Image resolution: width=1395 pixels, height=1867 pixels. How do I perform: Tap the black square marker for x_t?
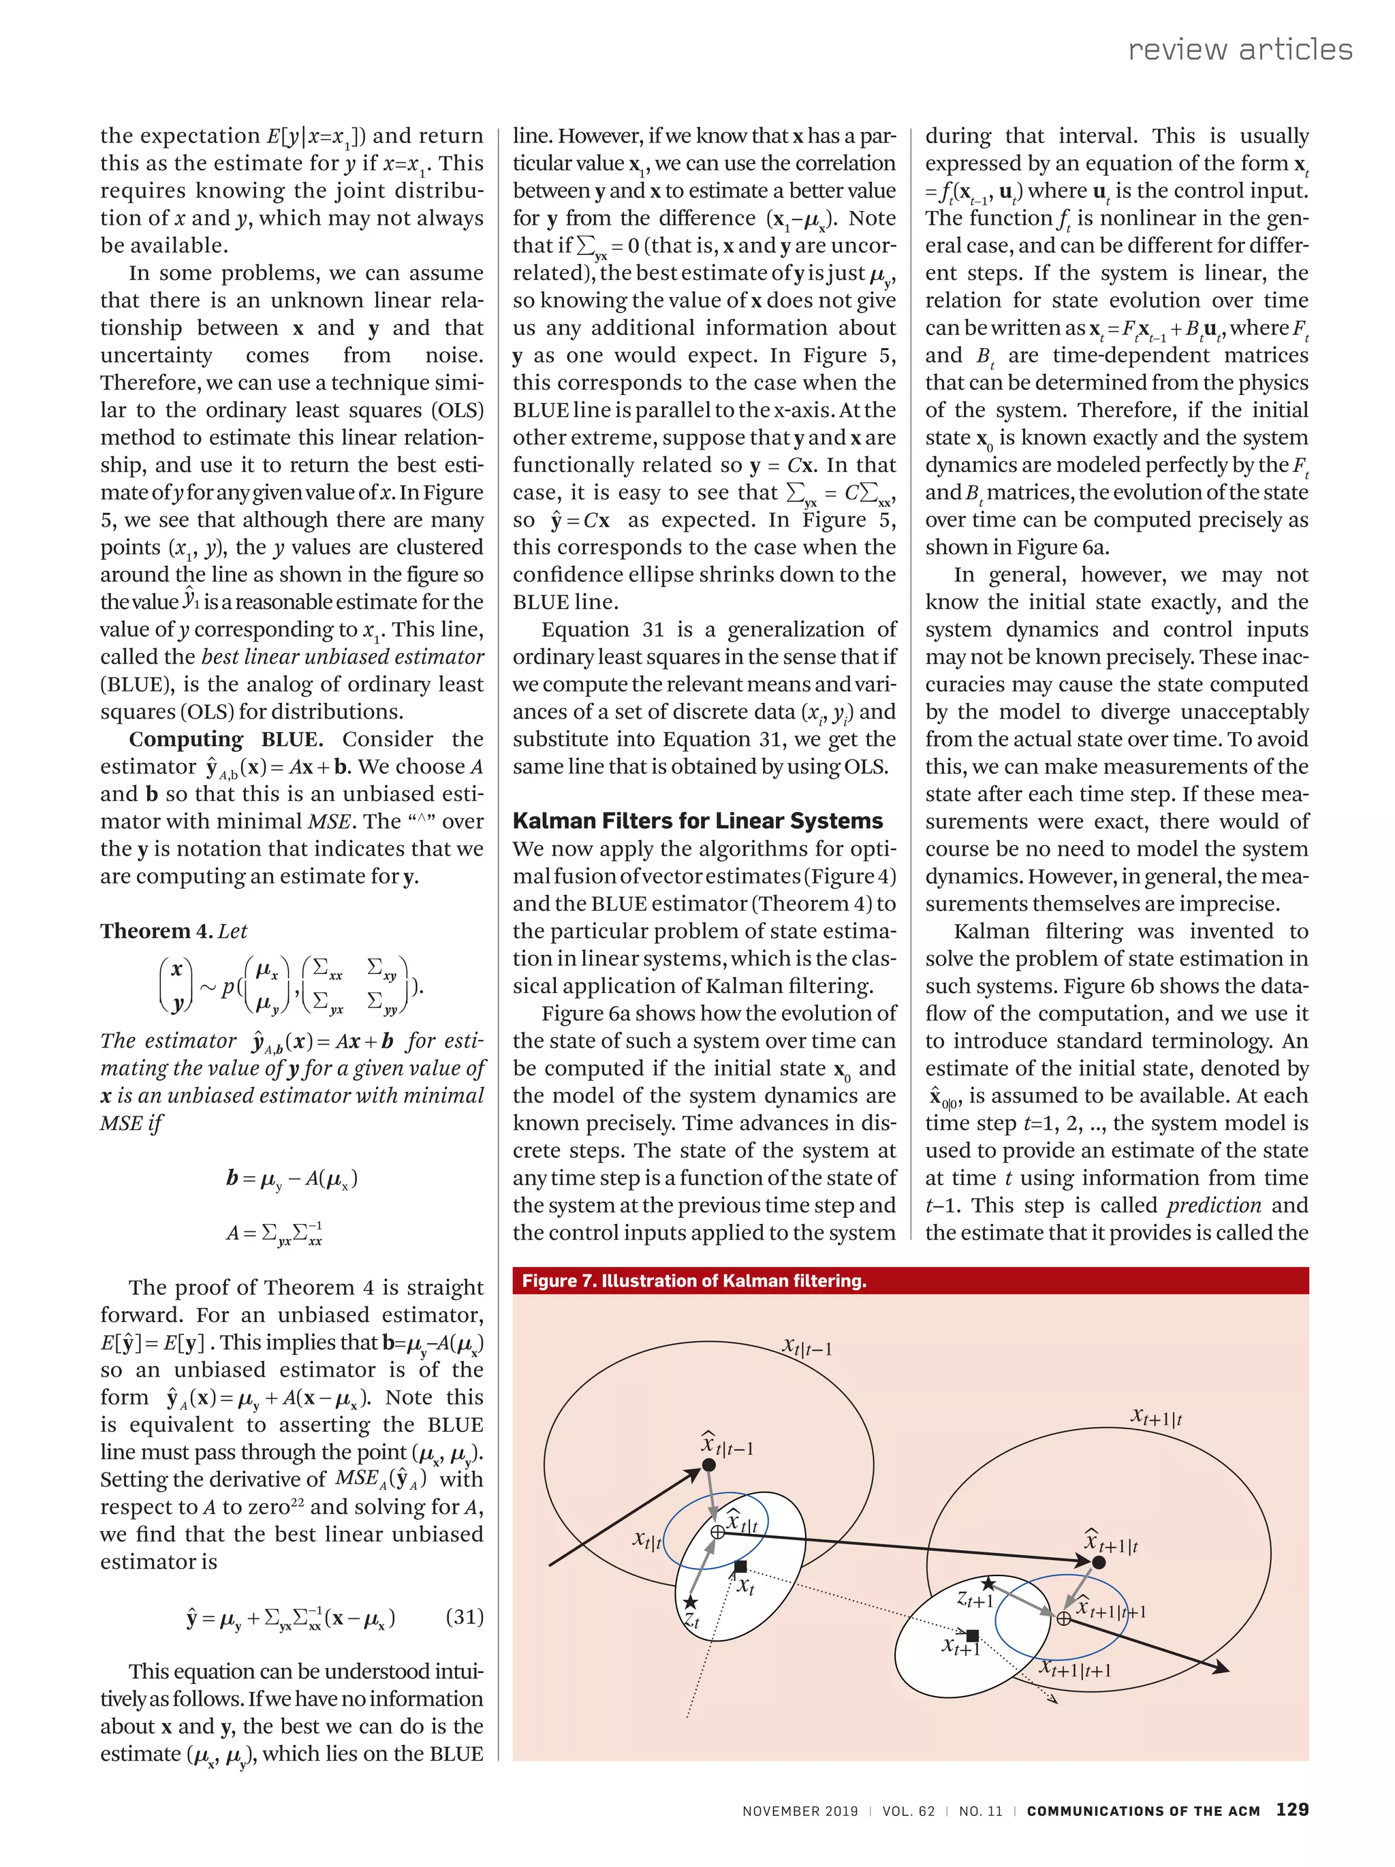point(740,1567)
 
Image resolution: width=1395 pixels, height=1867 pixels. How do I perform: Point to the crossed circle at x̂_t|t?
point(717,1531)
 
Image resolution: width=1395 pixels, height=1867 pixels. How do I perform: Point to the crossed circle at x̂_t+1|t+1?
point(1063,1618)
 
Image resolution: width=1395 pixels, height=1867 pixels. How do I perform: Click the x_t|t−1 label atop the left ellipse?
point(806,1347)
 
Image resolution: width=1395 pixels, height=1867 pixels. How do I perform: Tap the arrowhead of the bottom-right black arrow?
point(1221,1668)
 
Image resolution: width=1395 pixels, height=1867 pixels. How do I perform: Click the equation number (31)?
point(464,1616)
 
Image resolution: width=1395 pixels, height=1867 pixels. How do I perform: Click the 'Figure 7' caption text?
point(693,1281)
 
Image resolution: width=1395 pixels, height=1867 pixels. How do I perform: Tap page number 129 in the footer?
point(1291,1808)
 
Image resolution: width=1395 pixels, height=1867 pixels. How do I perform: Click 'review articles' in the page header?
point(1240,49)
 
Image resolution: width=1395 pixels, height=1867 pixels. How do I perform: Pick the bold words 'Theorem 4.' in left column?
point(156,931)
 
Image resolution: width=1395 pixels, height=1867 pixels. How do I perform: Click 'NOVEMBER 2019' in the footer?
point(799,1810)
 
